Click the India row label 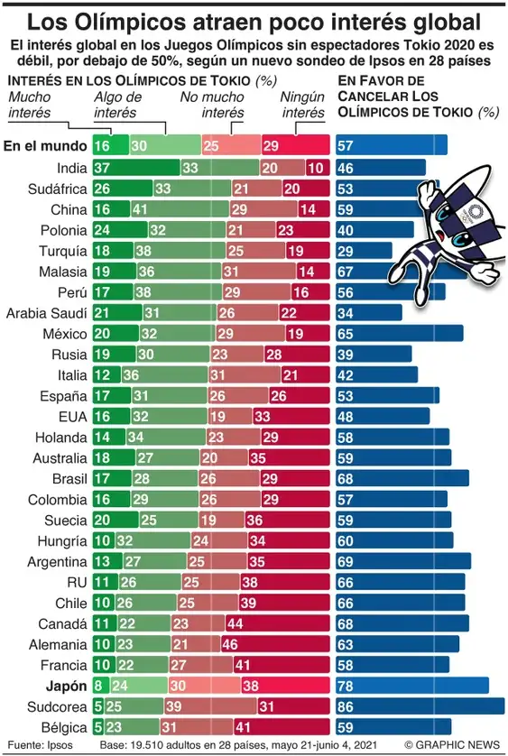point(70,168)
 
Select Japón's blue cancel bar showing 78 point(411,685)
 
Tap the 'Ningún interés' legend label point(302,106)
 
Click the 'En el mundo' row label point(44,145)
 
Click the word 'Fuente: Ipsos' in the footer point(38,744)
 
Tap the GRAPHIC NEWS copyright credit point(453,744)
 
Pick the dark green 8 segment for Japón point(98,685)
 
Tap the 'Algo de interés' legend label point(117,106)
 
